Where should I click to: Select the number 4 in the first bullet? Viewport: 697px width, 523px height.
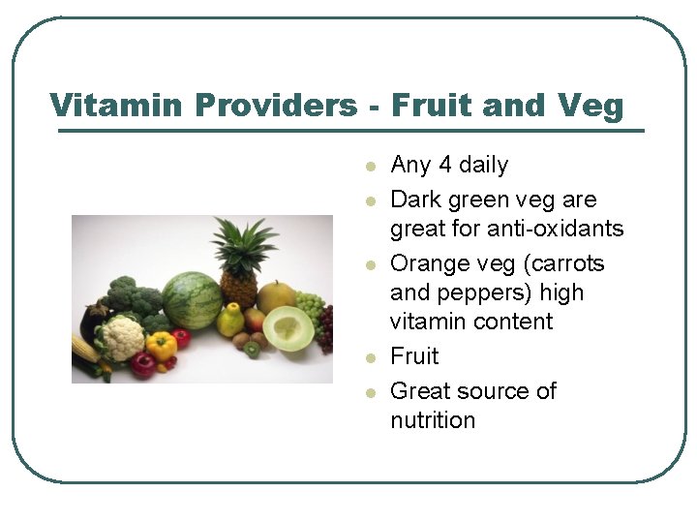click(444, 165)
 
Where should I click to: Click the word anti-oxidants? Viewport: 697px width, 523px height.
click(541, 229)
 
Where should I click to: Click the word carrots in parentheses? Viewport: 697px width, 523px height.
click(566, 263)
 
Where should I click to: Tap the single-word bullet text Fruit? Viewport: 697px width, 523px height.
click(414, 356)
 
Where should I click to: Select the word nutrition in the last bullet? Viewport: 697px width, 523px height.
click(433, 420)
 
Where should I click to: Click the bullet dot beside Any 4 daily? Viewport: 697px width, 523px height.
click(369, 167)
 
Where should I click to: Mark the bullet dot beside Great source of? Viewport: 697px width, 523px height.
click(369, 393)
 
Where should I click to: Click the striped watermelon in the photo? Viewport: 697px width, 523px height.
click(191, 300)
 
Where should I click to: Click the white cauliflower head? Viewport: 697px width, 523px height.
click(121, 336)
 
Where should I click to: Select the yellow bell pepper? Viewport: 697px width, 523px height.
click(161, 346)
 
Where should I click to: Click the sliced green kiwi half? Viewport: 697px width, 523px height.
click(252, 349)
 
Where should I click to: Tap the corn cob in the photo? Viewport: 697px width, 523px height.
click(85, 349)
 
